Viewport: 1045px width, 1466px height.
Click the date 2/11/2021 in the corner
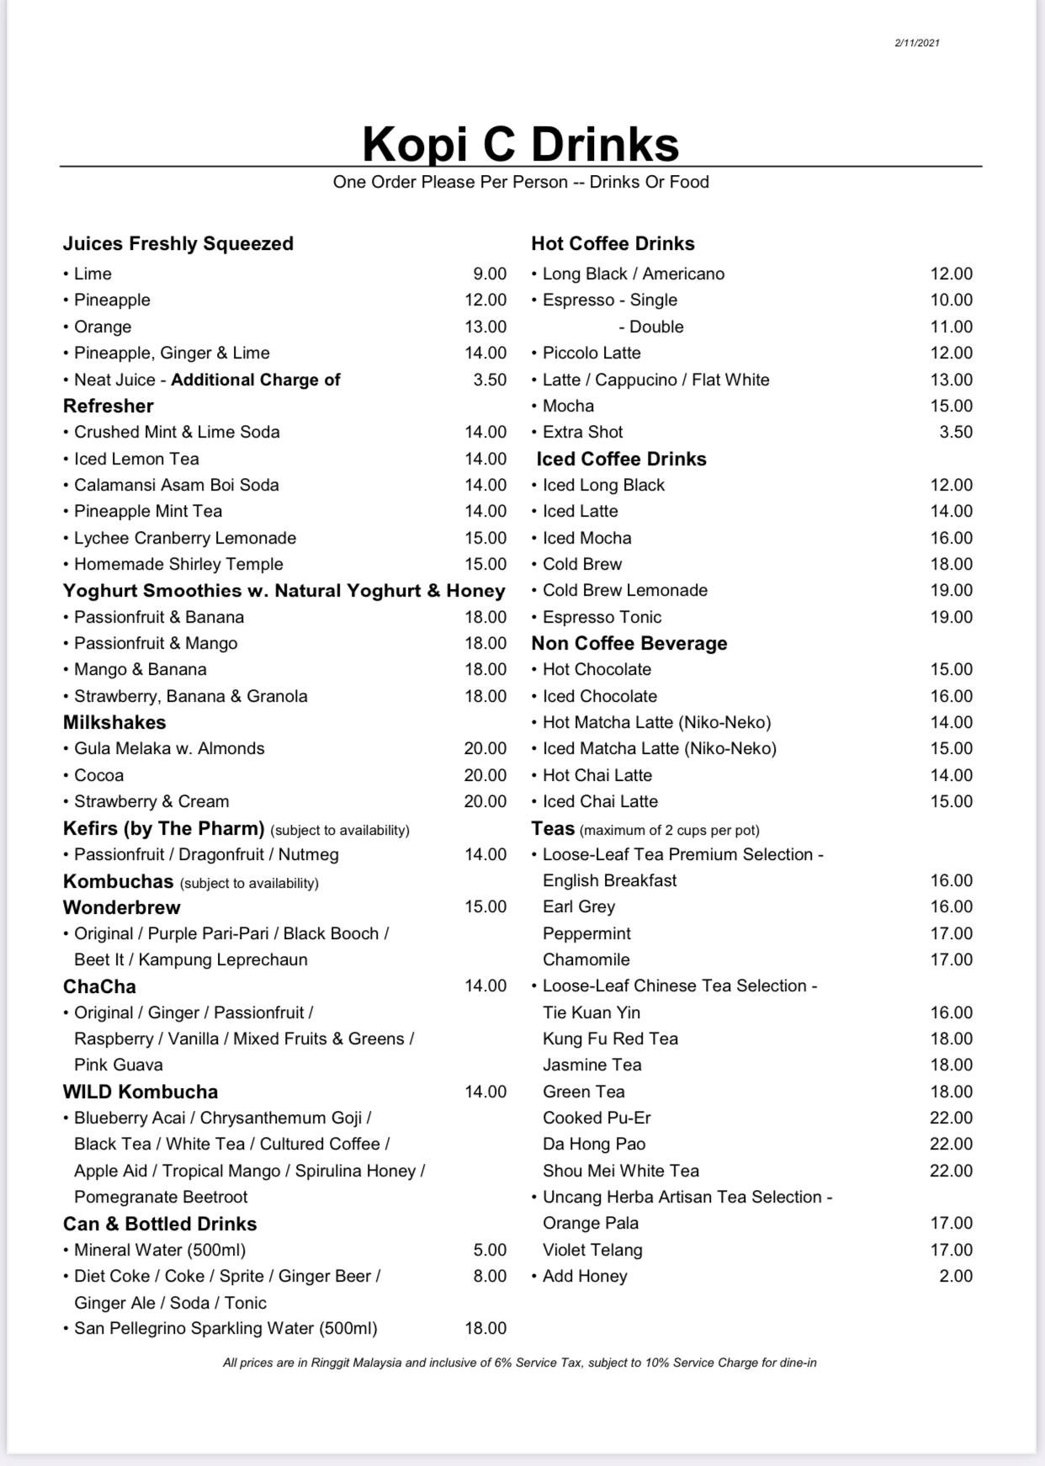click(916, 43)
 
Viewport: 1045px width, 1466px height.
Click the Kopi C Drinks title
click(521, 143)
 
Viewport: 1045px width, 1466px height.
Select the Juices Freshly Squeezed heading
click(178, 244)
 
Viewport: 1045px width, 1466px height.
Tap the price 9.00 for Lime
click(490, 274)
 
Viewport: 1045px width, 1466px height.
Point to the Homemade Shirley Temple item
click(178, 565)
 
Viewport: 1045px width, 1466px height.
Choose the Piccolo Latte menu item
click(591, 353)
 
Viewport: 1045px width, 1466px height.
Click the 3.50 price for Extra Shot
click(956, 433)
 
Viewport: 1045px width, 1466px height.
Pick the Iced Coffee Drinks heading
click(621, 459)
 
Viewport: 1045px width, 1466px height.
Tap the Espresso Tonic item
click(602, 618)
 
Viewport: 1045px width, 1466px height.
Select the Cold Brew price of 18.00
click(951, 565)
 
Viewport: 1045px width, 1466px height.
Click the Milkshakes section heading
click(114, 723)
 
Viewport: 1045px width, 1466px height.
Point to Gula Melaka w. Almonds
click(169, 749)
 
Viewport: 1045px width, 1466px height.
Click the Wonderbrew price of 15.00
click(485, 907)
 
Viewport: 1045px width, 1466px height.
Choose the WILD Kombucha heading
click(141, 1092)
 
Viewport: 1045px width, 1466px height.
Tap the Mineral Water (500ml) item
click(160, 1251)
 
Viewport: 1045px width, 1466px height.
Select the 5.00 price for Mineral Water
click(490, 1251)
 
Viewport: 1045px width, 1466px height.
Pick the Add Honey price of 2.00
click(956, 1277)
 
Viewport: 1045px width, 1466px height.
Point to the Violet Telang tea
click(592, 1251)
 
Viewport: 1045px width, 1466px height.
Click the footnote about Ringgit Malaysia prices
click(520, 1362)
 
